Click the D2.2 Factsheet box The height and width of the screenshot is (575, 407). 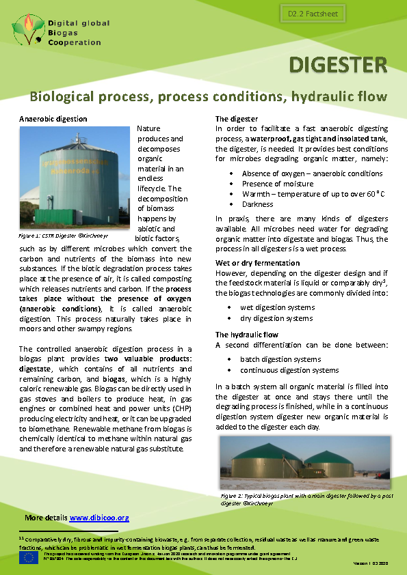310,14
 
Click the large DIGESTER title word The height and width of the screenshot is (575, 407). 338,66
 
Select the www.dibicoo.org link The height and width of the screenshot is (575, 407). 99,518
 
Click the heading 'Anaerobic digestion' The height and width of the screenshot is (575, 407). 53,119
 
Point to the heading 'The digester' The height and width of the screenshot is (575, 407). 237,119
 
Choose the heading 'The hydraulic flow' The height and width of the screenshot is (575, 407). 247,335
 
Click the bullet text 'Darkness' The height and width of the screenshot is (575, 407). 258,204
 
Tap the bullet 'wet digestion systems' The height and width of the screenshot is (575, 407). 278,308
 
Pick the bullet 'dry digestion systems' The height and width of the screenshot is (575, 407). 277,318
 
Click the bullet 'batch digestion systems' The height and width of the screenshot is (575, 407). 280,359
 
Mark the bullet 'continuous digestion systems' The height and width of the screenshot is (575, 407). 289,370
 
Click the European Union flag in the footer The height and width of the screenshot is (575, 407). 29,557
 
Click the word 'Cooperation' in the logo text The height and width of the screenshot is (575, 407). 75,42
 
